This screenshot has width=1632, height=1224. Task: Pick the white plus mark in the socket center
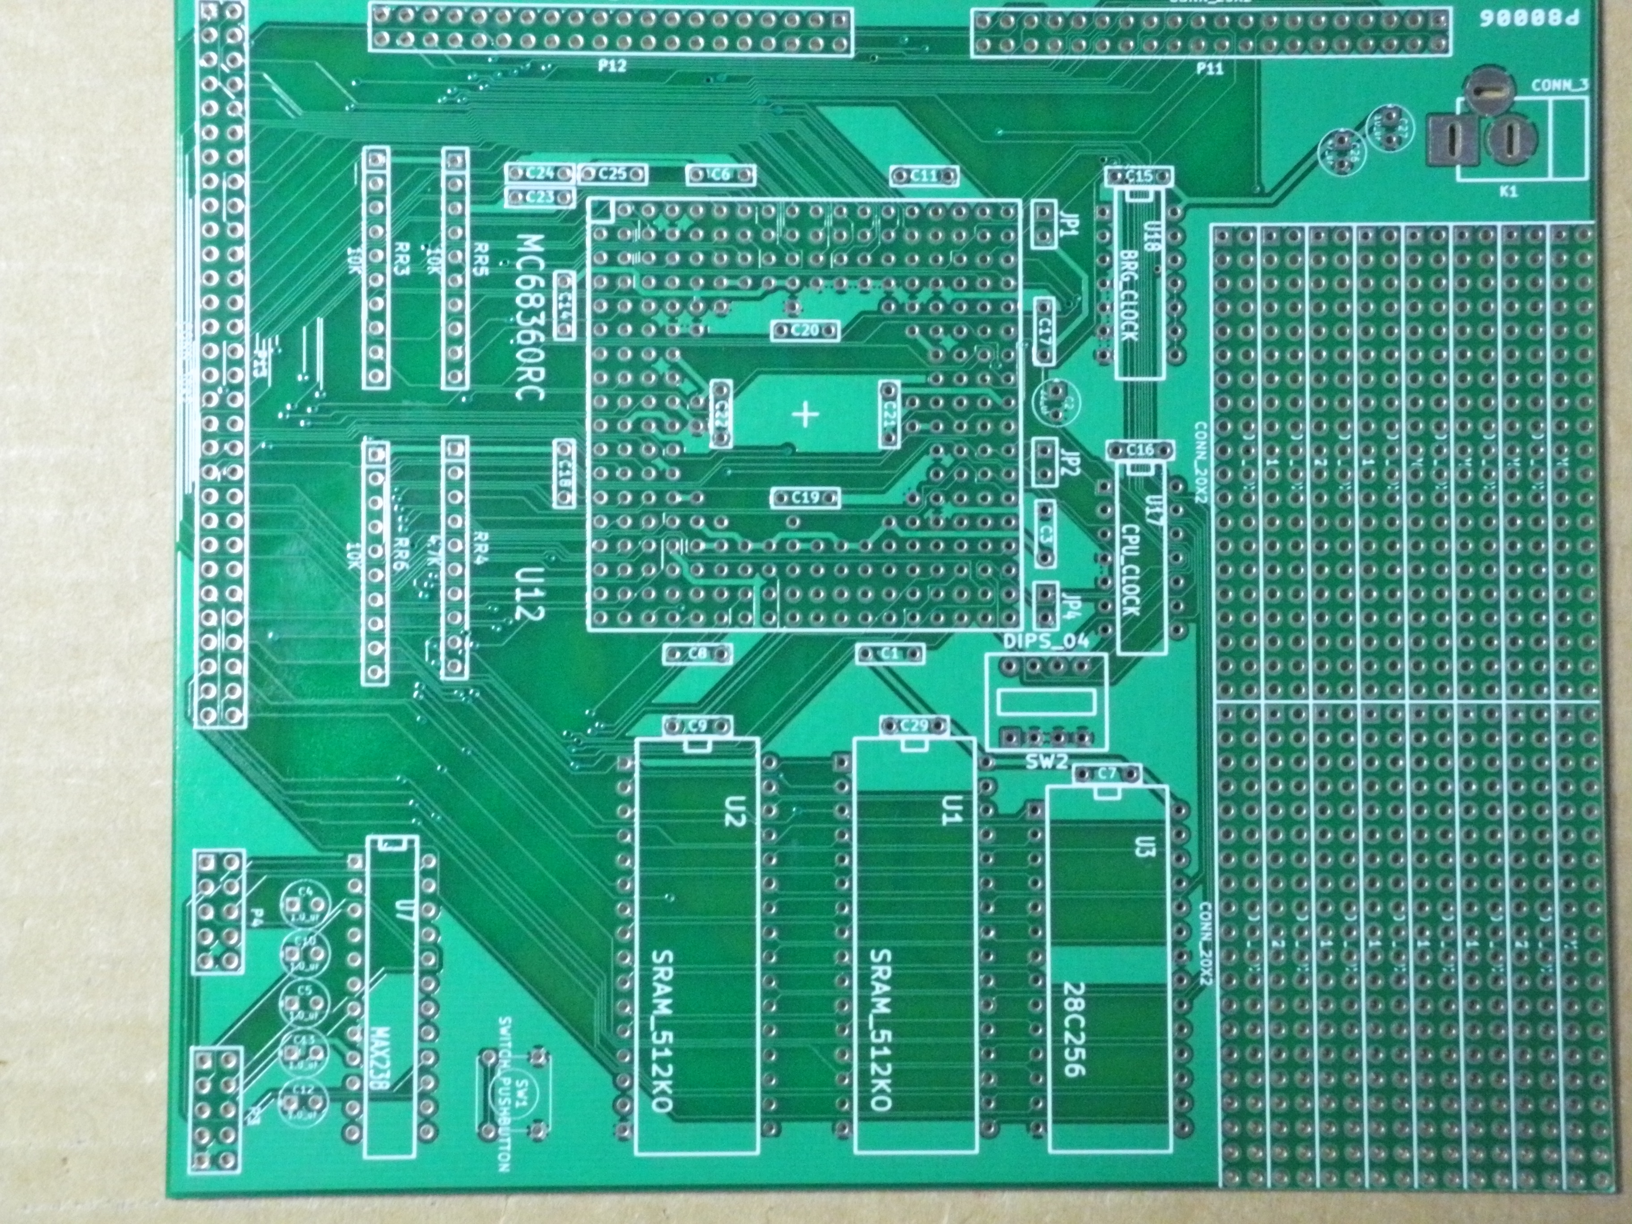(x=805, y=415)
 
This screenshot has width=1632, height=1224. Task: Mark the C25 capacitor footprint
(x=612, y=174)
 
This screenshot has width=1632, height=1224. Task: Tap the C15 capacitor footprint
(x=1139, y=176)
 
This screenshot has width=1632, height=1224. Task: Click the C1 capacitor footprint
(x=890, y=654)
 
